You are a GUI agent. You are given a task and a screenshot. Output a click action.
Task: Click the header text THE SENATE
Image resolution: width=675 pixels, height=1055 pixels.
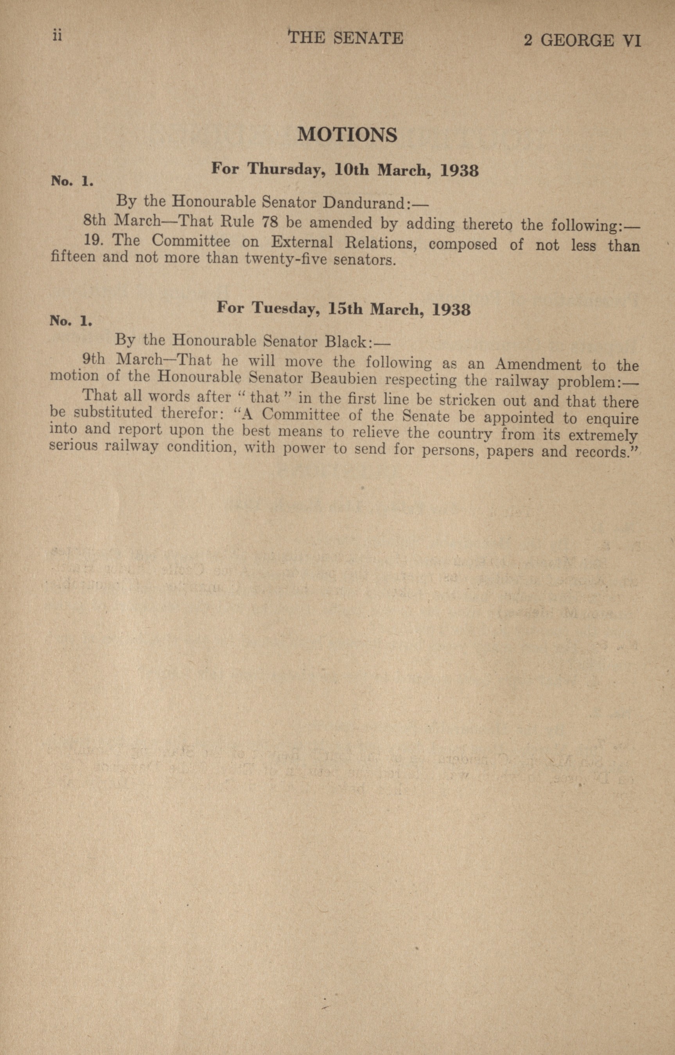(346, 38)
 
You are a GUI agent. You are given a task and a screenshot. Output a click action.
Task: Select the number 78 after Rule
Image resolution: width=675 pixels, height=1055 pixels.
(269, 222)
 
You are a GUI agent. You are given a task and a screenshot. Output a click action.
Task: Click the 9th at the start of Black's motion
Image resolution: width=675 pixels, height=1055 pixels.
(94, 359)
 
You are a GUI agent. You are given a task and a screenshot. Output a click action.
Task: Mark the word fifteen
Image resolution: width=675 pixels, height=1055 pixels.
(73, 256)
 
